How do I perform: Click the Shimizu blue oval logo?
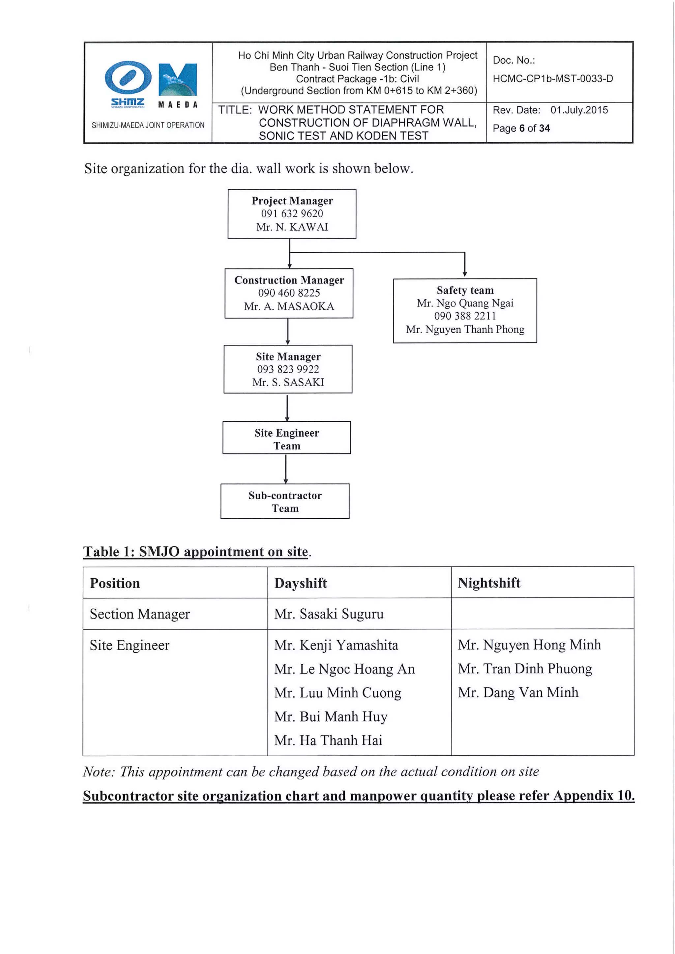click(x=128, y=77)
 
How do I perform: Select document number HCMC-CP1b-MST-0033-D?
click(x=552, y=78)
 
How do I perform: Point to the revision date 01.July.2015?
click(x=579, y=110)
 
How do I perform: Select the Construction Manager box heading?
click(x=289, y=280)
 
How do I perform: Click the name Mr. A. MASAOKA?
click(x=289, y=306)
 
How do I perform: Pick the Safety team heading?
click(x=465, y=290)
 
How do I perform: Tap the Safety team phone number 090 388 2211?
click(x=465, y=316)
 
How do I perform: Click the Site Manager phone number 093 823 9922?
click(x=288, y=369)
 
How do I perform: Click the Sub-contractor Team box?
click(x=285, y=502)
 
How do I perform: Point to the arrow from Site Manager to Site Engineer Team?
click(x=287, y=408)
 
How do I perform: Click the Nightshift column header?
click(x=489, y=583)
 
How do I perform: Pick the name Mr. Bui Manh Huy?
click(x=331, y=716)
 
